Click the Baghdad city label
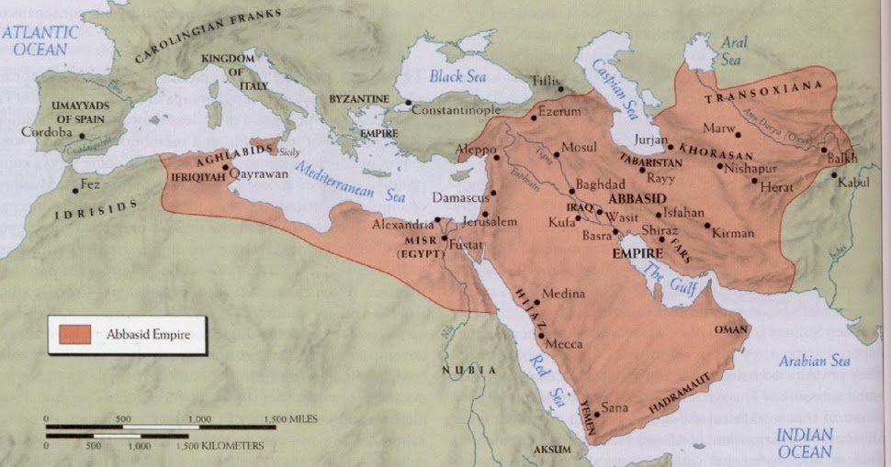pos(600,184)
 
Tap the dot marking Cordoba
pos(75,134)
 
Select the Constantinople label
pos(456,110)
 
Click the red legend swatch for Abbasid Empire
pos(74,335)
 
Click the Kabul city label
pos(852,183)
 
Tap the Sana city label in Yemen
pos(614,406)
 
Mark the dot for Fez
pos(75,194)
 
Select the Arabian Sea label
pos(815,361)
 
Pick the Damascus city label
pos(460,197)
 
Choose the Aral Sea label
pos(732,50)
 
